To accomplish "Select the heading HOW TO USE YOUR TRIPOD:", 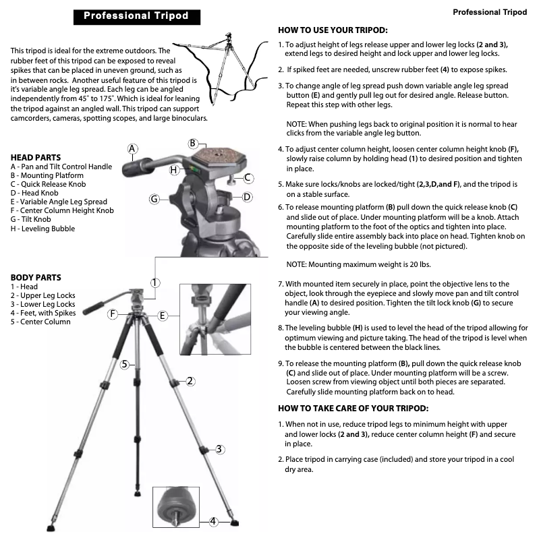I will (333, 30).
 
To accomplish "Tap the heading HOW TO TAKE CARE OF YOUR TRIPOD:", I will (353, 409).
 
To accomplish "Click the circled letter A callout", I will (132, 148).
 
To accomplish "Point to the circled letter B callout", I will (193, 143).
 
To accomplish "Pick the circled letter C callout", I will (248, 178).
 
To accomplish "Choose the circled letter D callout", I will (247, 197).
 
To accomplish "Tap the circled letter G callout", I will (154, 199).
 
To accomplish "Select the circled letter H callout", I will (173, 171).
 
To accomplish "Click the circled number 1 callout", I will (155, 282).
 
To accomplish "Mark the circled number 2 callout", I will (190, 381).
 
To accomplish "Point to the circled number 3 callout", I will (219, 449).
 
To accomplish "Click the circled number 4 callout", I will (213, 520).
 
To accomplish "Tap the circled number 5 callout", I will (125, 365).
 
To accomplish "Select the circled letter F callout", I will (113, 314).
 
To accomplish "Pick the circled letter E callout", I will (163, 315).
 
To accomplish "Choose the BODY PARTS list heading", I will (36, 277).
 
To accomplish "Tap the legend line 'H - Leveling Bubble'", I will (42, 229).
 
